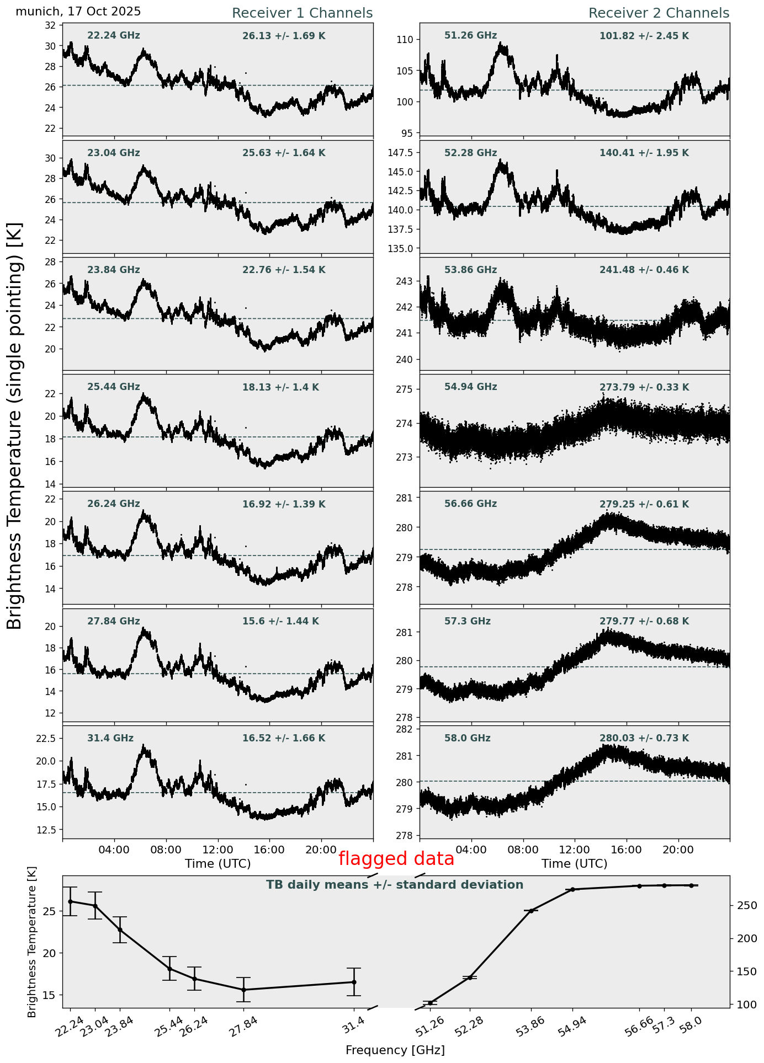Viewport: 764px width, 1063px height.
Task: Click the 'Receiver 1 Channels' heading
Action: (302, 13)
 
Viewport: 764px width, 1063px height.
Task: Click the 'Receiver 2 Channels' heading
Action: (659, 13)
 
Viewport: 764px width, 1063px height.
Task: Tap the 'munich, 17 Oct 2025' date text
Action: (78, 12)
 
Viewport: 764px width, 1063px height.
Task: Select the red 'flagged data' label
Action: (396, 859)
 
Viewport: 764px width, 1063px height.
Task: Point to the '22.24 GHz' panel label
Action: (114, 36)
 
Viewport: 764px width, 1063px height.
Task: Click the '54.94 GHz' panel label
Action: (470, 387)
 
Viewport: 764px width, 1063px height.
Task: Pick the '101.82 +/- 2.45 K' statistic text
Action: (644, 36)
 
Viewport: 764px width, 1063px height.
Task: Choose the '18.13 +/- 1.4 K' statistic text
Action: (280, 387)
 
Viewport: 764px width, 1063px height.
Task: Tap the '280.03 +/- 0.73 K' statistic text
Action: (644, 738)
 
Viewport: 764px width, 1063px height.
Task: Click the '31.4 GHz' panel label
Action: (110, 738)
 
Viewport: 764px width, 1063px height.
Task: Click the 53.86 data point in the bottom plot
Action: (531, 911)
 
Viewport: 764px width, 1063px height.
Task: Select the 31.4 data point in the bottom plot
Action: (354, 982)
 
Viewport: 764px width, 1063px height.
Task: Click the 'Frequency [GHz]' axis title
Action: (395, 1050)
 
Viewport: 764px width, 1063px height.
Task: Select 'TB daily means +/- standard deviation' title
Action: (395, 885)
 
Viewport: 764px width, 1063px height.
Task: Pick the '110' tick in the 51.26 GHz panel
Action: (408, 40)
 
